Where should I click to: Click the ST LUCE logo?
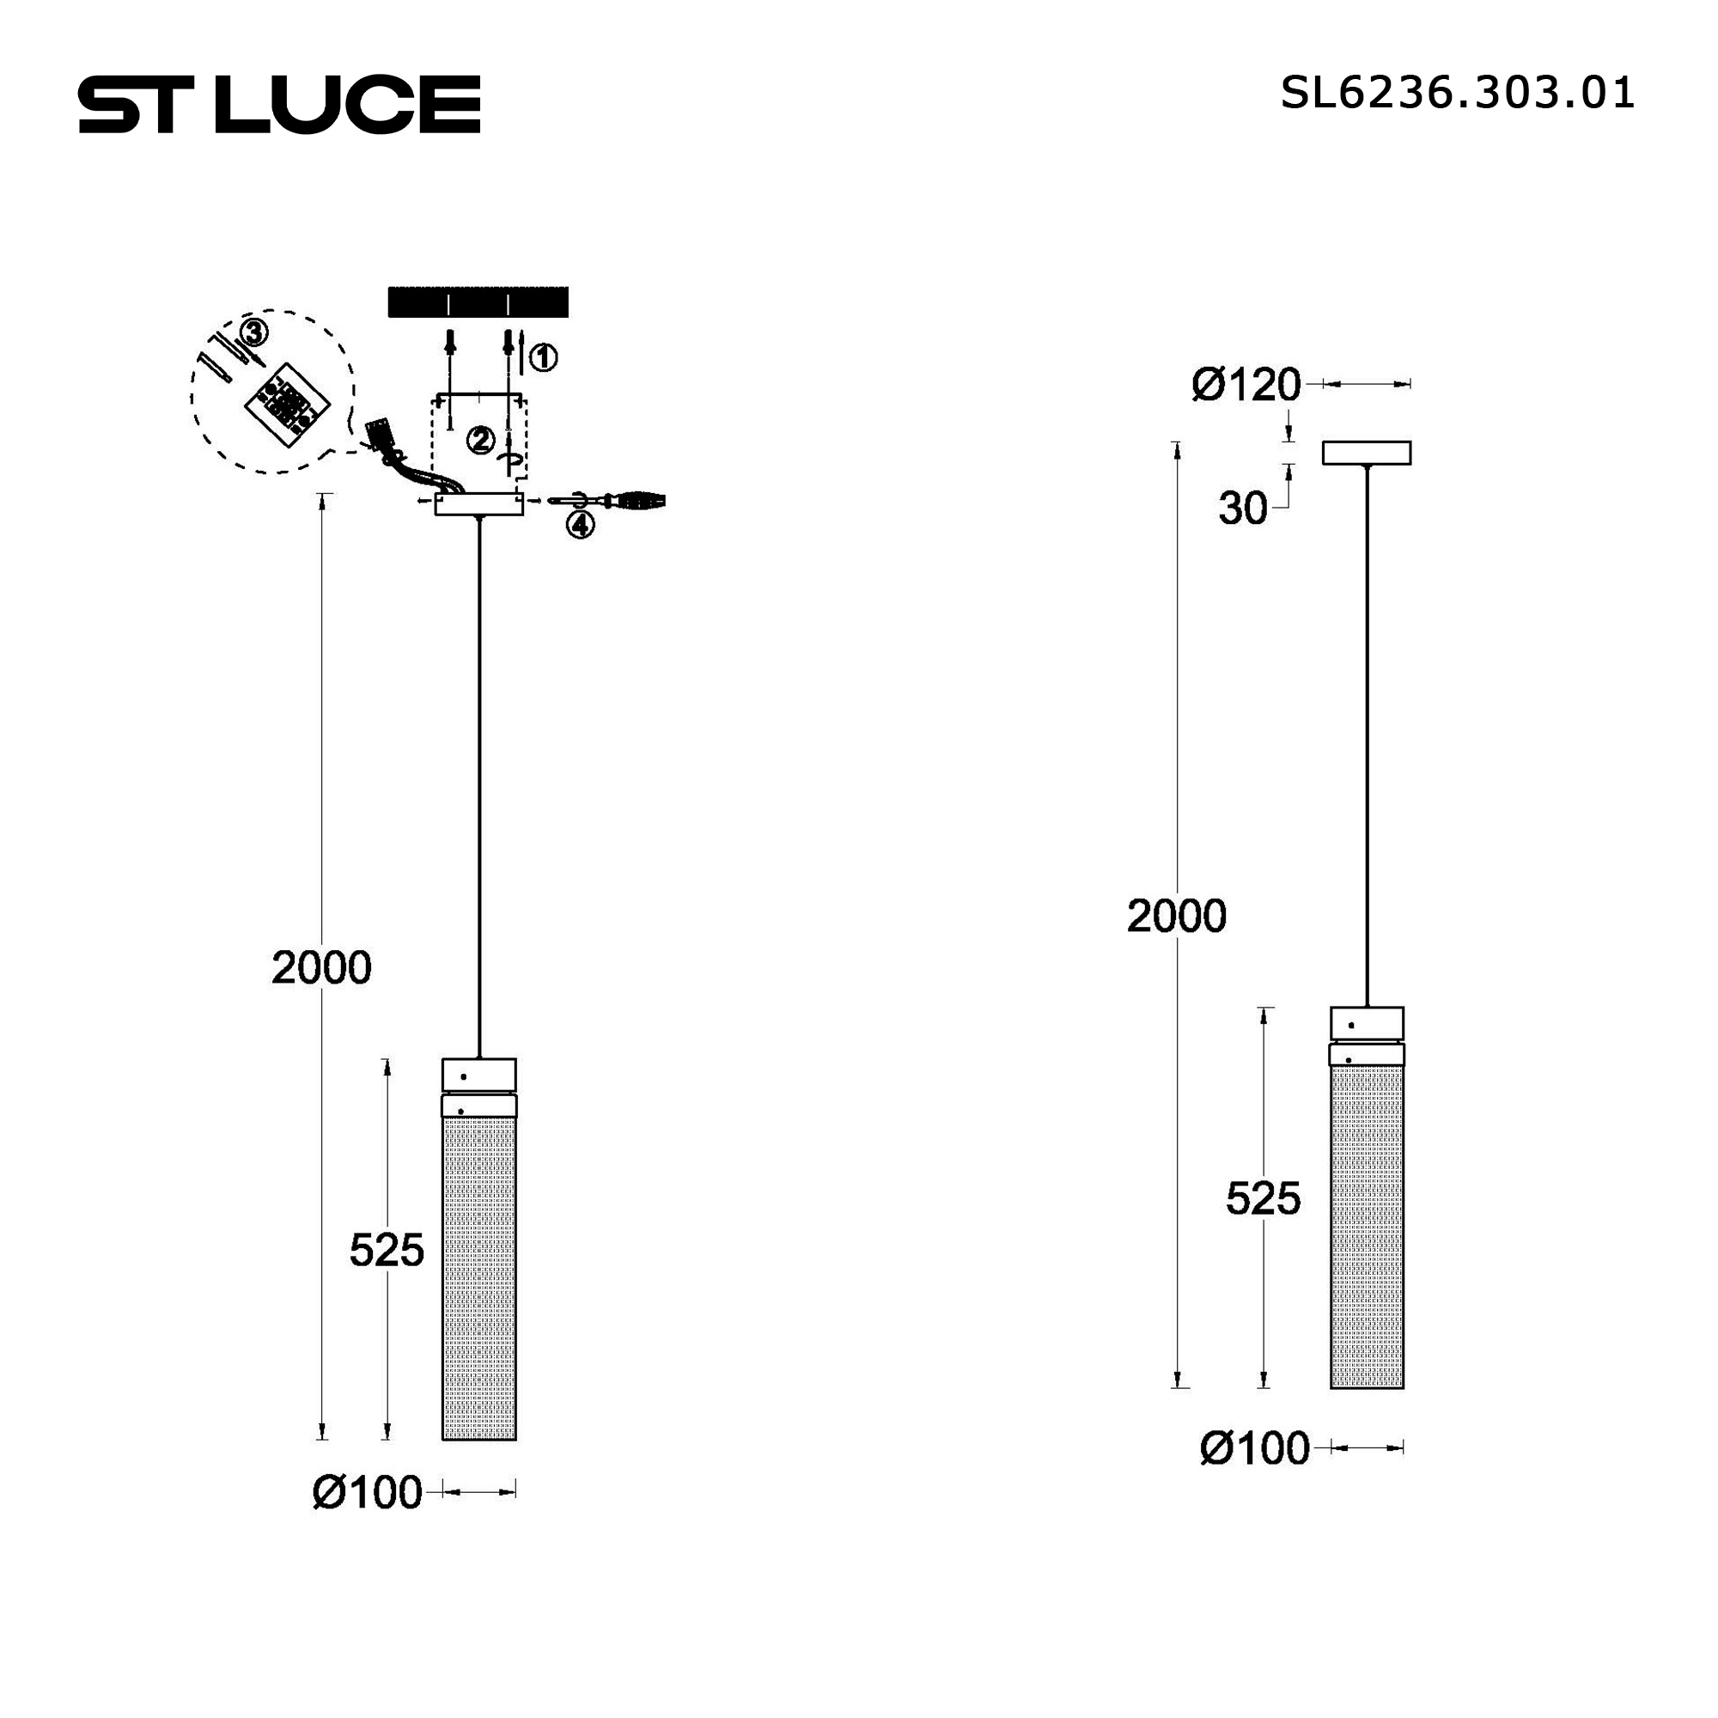click(279, 104)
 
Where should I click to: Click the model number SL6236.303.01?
click(1458, 93)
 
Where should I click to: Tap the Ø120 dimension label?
click(1246, 385)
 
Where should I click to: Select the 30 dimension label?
click(1242, 509)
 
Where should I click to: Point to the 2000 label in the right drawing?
click(1177, 916)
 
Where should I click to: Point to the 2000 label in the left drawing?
click(321, 967)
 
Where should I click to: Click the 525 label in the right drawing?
click(1263, 1198)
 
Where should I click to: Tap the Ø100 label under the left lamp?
click(368, 1493)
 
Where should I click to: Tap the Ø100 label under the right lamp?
click(1255, 1448)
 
